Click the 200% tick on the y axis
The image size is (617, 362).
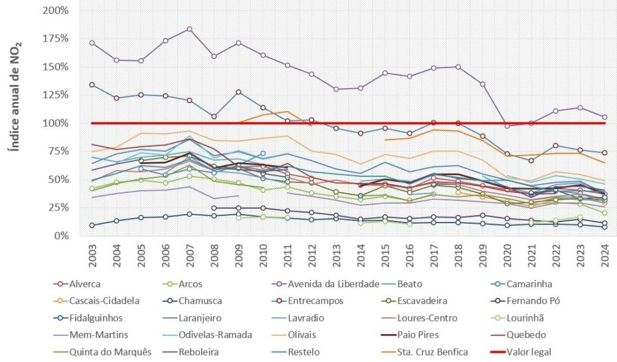coord(56,11)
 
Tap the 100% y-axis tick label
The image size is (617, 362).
coord(56,123)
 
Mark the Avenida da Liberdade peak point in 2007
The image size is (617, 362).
coord(189,29)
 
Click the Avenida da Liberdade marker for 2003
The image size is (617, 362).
coord(92,43)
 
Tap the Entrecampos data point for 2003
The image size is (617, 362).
coord(92,85)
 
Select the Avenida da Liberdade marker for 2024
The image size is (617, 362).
coord(604,117)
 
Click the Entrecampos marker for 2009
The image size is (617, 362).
coord(238,92)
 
